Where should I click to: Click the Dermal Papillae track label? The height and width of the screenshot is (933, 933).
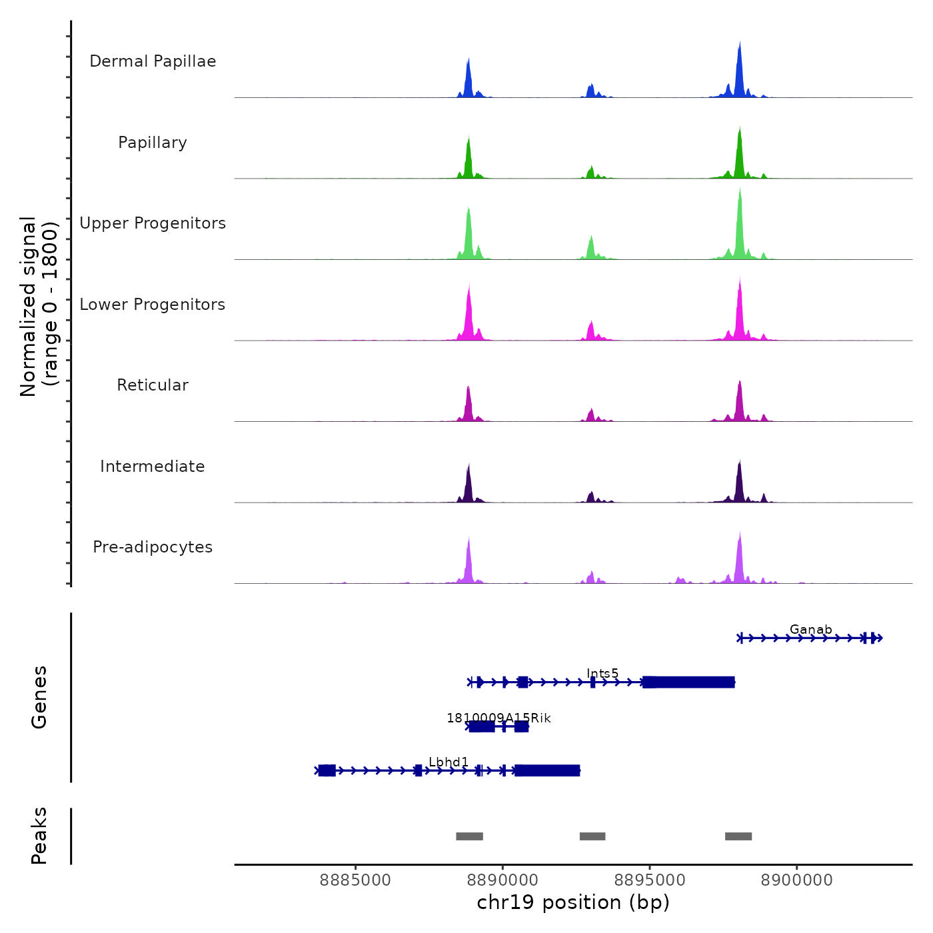(x=153, y=61)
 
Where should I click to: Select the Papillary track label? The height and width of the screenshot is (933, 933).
(x=153, y=143)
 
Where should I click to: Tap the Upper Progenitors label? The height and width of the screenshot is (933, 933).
(x=153, y=223)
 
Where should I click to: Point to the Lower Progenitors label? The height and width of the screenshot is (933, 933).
(x=153, y=305)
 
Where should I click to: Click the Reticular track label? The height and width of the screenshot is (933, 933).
(x=153, y=385)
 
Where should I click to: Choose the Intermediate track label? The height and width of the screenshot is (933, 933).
(x=153, y=467)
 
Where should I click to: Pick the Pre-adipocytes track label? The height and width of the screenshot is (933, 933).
(x=153, y=547)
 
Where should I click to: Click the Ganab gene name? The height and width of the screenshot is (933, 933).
(x=810, y=629)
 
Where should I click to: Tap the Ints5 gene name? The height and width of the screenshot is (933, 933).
(x=602, y=673)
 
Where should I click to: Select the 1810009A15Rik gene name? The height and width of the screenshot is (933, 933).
(x=498, y=718)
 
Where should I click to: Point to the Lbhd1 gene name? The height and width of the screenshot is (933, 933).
(x=449, y=762)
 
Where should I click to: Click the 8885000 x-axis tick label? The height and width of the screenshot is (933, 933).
(x=355, y=880)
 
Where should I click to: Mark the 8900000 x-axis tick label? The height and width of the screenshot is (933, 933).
(x=796, y=880)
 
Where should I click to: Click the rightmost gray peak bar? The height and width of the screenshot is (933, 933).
(x=738, y=836)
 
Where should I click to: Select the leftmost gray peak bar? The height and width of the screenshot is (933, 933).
(x=469, y=836)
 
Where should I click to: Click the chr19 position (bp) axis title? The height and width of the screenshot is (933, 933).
(x=573, y=902)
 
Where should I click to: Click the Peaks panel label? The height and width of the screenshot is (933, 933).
(x=39, y=836)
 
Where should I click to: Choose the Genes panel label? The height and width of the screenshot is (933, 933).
(x=39, y=696)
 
